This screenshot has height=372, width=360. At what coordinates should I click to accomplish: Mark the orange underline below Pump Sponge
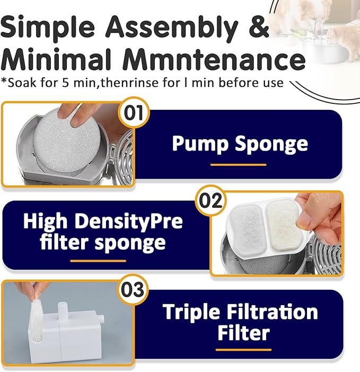click(238, 165)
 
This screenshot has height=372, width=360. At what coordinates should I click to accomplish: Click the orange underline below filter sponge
click(98, 261)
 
